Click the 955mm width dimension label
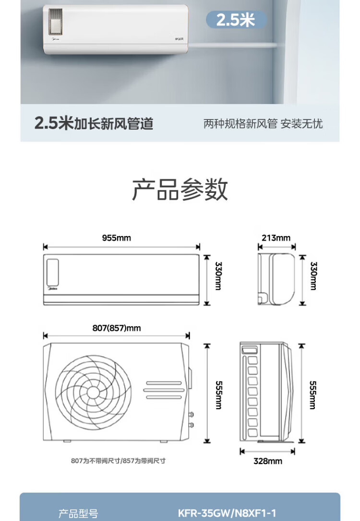[x=116, y=238]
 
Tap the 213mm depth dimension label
[x=276, y=238]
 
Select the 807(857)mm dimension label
[x=116, y=328]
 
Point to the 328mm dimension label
[x=267, y=461]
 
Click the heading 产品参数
[x=180, y=189]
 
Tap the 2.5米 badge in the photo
[x=236, y=20]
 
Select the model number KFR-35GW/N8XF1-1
[x=227, y=513]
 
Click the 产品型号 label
[x=78, y=514]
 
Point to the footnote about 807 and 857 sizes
[x=119, y=461]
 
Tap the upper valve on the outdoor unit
[x=191, y=414]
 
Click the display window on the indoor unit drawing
[x=52, y=272]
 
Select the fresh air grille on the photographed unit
[x=56, y=21]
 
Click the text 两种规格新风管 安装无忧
[x=263, y=124]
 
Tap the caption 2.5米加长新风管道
[x=94, y=123]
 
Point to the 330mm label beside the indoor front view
[x=218, y=276]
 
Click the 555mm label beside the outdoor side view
[x=313, y=395]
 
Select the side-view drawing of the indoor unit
[x=276, y=279]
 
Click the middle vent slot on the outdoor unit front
[x=164, y=390]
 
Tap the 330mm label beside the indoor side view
[x=313, y=276]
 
